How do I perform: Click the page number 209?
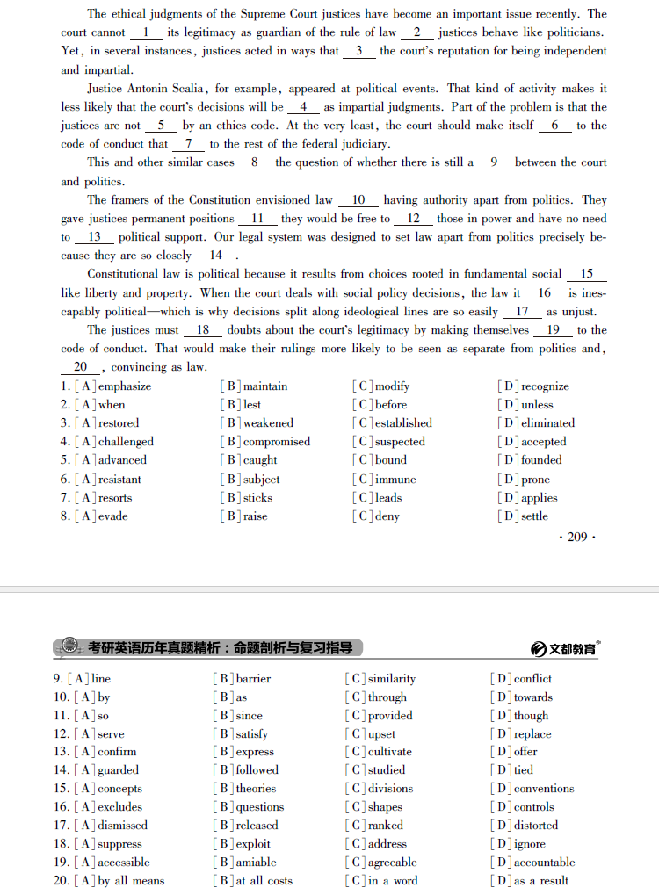[x=577, y=536]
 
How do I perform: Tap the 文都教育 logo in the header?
[x=567, y=648]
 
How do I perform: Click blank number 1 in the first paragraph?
[x=146, y=32]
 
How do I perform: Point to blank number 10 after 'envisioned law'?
[x=358, y=200]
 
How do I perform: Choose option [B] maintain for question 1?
[x=255, y=386]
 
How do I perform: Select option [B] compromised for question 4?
[x=265, y=442]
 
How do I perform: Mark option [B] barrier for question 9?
[x=243, y=679]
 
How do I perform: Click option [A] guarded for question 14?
[x=106, y=770]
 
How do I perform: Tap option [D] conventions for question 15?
[x=532, y=789]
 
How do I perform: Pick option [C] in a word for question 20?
[x=381, y=881]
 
